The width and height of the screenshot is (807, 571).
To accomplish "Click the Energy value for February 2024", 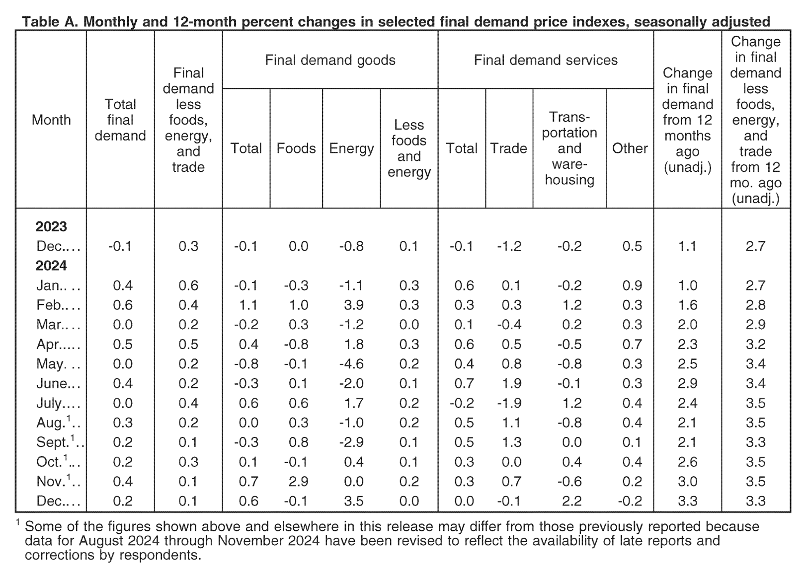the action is point(354,305).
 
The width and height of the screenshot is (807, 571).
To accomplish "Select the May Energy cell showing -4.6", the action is point(351,364).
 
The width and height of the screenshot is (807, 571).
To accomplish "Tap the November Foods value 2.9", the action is point(298,482).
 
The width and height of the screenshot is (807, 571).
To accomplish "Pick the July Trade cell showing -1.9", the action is point(509,403).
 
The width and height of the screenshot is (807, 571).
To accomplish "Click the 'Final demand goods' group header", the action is point(330,60).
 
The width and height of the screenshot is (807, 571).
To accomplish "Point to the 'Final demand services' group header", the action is point(546,60).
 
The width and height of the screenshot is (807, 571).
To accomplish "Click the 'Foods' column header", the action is point(296,148).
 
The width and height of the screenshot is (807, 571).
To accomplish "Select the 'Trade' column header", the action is point(509,148).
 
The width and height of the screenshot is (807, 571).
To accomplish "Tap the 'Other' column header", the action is point(630,148).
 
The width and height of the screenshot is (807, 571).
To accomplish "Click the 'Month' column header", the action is point(51,120).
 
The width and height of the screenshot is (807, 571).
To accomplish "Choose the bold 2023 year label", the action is point(51,226).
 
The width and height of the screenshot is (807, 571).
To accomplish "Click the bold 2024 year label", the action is point(51,266).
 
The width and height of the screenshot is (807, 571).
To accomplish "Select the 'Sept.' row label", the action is point(53,442).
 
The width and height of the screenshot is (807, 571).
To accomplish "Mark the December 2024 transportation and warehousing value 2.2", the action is point(572,501).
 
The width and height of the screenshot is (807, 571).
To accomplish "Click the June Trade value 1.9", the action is point(512,383).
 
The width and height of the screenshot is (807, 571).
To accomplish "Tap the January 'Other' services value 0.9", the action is point(632,285).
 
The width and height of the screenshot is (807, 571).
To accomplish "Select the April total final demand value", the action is point(123,345).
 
